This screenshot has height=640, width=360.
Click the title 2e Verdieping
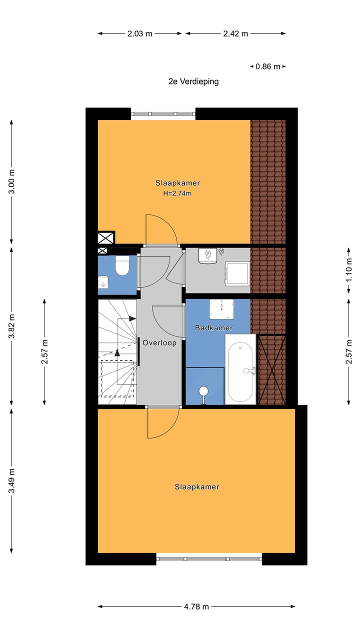[x=193, y=81]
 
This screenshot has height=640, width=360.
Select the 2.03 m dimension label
[x=139, y=34]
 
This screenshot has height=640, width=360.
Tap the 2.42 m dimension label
[x=235, y=34]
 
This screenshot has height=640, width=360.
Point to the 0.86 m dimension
[x=268, y=66]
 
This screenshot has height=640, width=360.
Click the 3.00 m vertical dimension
[x=12, y=182]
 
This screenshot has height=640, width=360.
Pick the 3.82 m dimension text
[x=12, y=325]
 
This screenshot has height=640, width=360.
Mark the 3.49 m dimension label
[x=12, y=480]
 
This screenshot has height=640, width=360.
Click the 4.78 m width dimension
[x=196, y=607]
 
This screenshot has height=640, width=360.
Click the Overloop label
[x=159, y=343]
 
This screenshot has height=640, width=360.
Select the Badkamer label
[x=213, y=328]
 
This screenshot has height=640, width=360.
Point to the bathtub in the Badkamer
[x=240, y=369]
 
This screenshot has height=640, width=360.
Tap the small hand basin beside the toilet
[x=103, y=283]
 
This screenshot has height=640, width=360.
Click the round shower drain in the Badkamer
[x=203, y=391]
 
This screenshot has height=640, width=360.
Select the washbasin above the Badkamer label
[x=221, y=309]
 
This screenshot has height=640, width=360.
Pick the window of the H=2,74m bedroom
[x=163, y=114]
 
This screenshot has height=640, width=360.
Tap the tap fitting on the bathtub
[x=249, y=370]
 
